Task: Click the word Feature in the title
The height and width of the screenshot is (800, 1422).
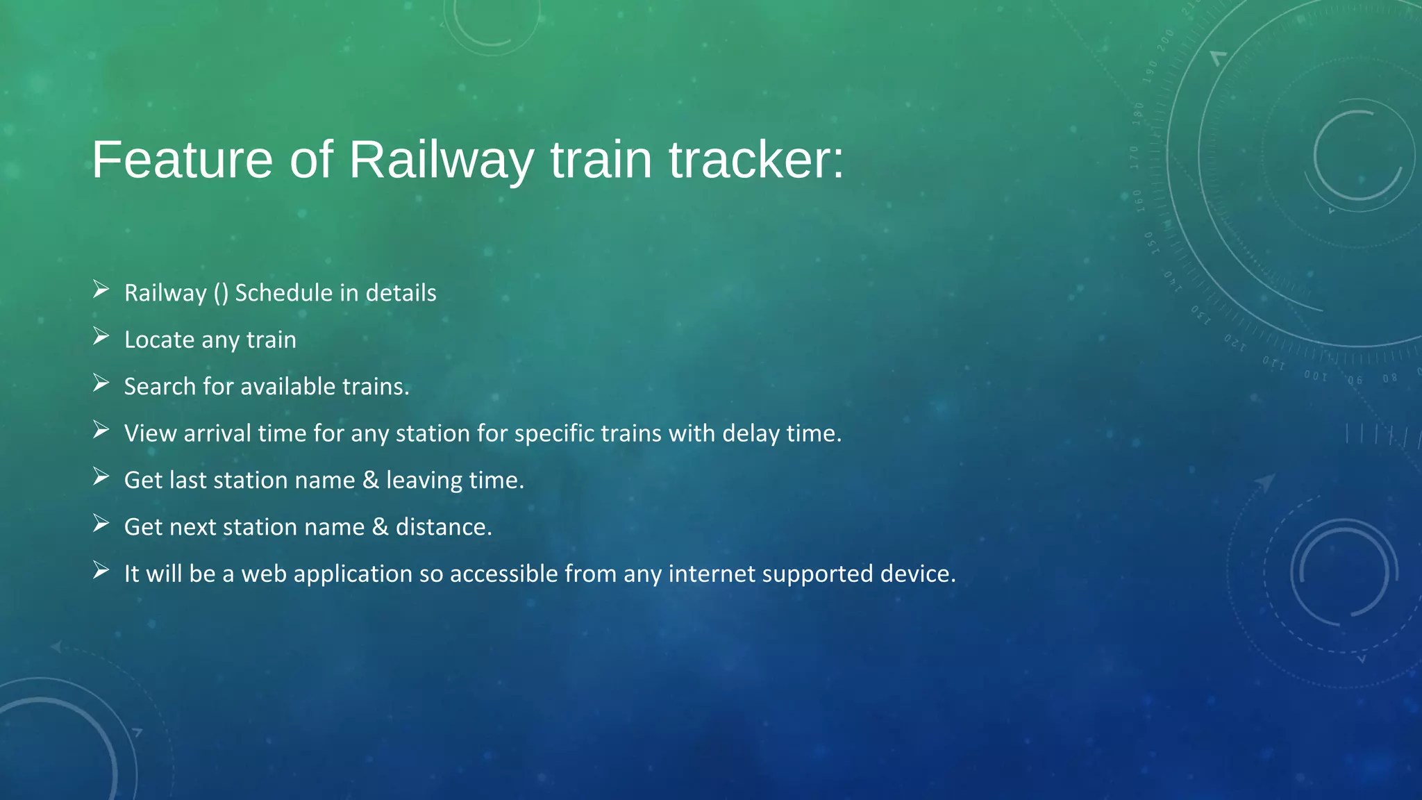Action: pos(182,160)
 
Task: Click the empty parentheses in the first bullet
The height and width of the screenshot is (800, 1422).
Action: pos(221,293)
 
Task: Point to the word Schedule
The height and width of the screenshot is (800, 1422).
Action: pos(283,293)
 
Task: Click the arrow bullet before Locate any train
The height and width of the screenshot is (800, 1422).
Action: pos(101,337)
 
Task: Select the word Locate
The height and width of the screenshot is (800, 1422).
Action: pos(159,340)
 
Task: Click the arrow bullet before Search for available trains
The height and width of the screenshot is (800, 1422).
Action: pos(101,383)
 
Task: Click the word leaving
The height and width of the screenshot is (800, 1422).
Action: pos(424,480)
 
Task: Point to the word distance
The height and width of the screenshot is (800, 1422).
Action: pos(443,527)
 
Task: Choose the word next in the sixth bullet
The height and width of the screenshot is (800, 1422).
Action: pos(193,527)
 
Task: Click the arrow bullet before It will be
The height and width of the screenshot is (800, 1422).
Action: pos(101,571)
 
